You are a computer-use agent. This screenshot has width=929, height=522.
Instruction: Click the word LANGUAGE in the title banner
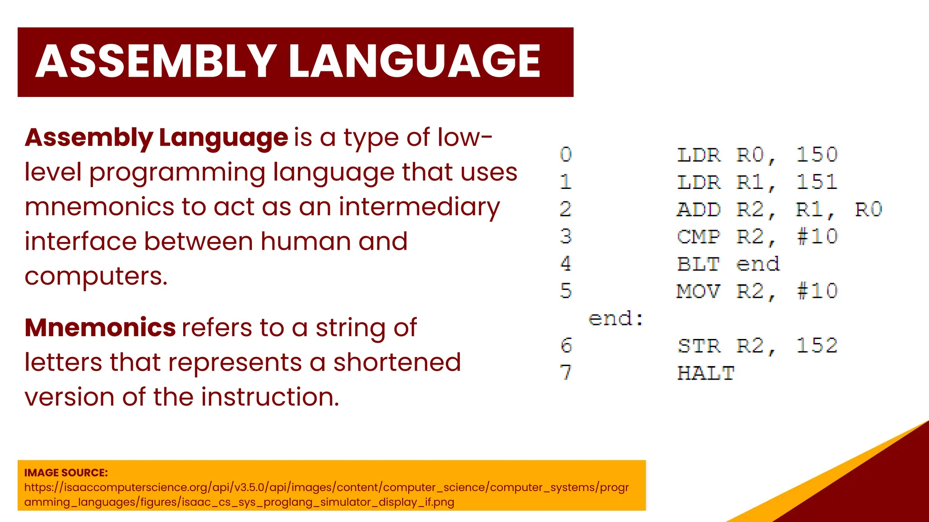pos(414,62)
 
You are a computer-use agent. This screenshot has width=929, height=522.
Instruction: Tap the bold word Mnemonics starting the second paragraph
pos(100,328)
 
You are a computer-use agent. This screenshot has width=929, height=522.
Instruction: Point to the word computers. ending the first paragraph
pos(96,276)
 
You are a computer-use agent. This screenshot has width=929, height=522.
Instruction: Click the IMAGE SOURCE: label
pos(66,473)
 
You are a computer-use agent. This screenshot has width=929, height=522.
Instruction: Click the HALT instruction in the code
pos(705,373)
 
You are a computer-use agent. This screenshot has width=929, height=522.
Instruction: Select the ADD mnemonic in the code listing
pos(699,210)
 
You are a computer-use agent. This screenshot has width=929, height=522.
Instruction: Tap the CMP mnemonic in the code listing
pos(699,237)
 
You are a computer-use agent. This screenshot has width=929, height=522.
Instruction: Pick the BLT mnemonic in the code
pos(699,264)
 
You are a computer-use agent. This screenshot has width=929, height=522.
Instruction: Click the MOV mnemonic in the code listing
pos(699,291)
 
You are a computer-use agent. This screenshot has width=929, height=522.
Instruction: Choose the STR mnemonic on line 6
pos(699,346)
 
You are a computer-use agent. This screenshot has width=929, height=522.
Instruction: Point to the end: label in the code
pos(616,319)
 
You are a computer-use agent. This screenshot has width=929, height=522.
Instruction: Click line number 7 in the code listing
pos(566,373)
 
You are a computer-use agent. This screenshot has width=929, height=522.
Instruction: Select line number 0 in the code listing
pos(566,155)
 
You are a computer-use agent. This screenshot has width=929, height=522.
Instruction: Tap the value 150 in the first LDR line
pos(817,155)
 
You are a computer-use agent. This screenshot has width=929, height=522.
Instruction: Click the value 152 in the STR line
pos(817,346)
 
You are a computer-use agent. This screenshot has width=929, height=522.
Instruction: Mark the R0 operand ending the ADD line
pos(868,210)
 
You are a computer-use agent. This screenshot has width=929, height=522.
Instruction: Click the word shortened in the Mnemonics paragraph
pos(397,362)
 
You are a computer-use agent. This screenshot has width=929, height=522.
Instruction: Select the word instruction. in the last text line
pos(270,397)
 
